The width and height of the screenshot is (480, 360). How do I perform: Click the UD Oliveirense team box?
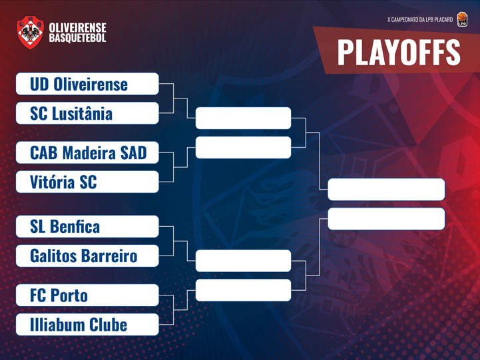(87, 84)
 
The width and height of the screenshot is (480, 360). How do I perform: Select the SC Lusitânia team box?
(87, 113)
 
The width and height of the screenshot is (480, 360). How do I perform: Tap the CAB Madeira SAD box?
(87, 152)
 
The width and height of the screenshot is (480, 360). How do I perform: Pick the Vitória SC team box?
(87, 182)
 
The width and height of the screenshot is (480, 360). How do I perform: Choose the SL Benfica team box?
(87, 226)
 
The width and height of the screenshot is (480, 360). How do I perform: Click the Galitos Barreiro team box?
(87, 256)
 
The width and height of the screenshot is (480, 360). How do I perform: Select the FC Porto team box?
(87, 295)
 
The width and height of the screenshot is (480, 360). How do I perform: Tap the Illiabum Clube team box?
(87, 325)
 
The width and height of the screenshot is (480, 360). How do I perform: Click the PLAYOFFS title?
(399, 53)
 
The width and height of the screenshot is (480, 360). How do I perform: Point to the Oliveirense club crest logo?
(30, 33)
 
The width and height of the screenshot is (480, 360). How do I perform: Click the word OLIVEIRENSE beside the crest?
(77, 27)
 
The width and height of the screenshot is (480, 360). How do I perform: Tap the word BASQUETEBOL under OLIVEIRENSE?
(77, 38)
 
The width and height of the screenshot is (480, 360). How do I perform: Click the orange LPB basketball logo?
(462, 19)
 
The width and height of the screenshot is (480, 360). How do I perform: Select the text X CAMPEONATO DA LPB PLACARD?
(420, 19)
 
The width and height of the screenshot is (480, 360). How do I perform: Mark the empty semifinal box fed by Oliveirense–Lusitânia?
(243, 118)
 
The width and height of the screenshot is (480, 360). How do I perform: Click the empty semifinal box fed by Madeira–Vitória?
(243, 148)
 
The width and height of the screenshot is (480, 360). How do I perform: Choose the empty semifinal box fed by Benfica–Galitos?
(243, 261)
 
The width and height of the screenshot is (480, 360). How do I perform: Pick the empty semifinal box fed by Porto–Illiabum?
(243, 290)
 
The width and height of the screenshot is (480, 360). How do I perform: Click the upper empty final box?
(386, 190)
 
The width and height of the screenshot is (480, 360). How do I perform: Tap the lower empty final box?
(386, 219)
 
